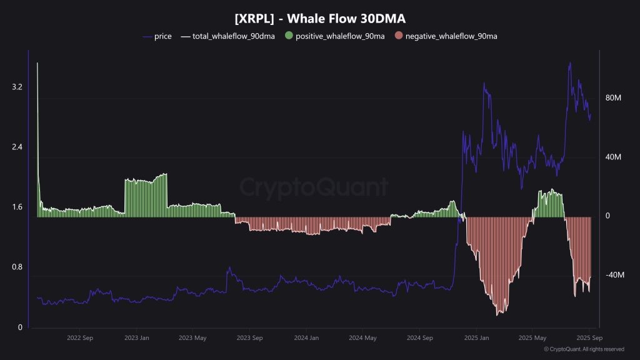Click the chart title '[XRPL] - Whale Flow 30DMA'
[x=319, y=19]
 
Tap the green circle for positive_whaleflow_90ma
[x=288, y=36]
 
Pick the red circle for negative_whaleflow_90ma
[x=398, y=36]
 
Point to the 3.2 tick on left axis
[x=17, y=87]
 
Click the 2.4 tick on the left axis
[x=17, y=147]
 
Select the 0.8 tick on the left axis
[x=17, y=267]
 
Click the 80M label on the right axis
[x=613, y=98]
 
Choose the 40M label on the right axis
[x=613, y=157]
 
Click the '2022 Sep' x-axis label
[x=80, y=337]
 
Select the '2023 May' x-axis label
[x=192, y=337]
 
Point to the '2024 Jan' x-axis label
[x=306, y=337]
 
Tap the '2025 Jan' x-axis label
[x=476, y=337]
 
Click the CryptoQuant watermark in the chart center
[x=314, y=187]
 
